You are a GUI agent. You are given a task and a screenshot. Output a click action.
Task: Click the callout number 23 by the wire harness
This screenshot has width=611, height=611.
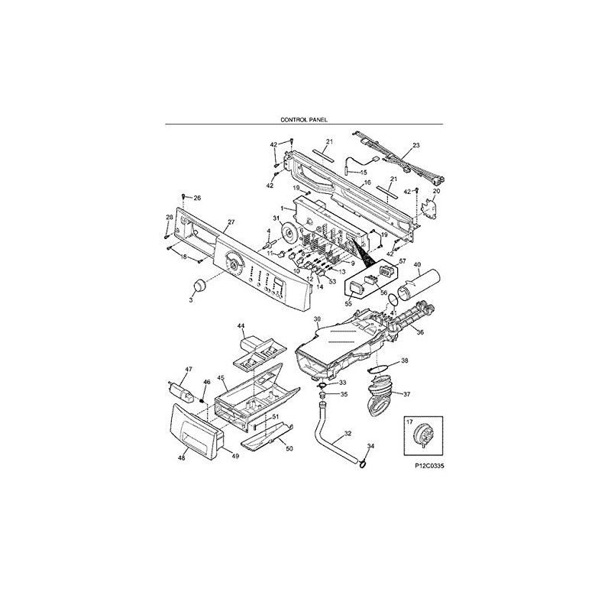point(416,145)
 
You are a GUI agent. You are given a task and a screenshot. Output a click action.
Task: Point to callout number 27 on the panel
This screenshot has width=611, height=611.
point(231,222)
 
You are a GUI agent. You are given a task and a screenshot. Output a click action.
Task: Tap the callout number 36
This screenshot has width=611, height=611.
point(419,331)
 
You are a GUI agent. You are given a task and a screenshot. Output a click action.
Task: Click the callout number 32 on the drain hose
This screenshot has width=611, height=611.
point(348,433)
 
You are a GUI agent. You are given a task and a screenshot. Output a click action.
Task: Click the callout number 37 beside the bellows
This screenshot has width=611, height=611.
point(406,395)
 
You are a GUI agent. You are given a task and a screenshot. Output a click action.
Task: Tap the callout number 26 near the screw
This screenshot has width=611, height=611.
point(196,198)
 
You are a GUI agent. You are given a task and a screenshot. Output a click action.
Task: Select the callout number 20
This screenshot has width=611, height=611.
point(437,191)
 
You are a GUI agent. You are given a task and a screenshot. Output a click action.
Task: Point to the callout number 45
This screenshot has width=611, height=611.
point(220,377)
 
